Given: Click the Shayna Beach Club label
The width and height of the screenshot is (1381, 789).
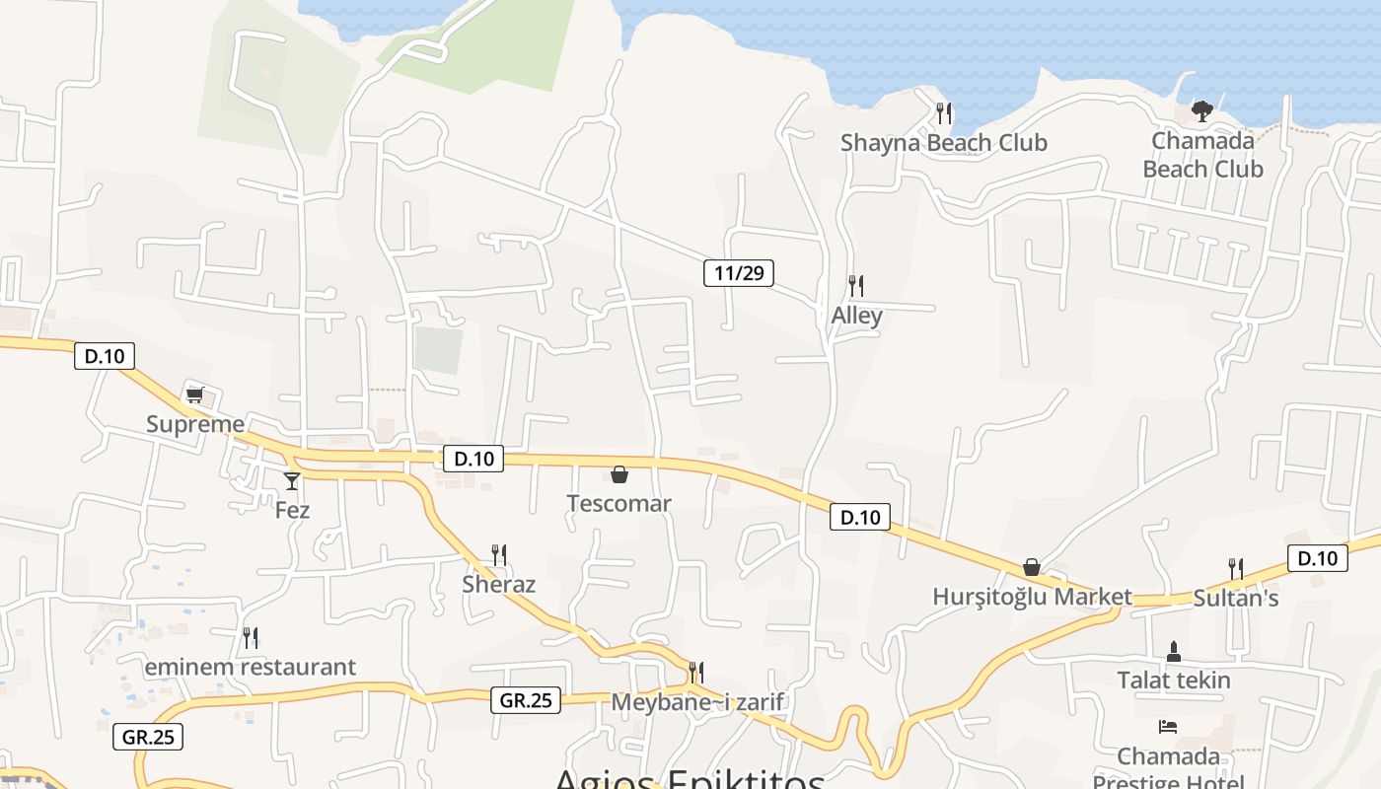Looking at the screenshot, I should tap(943, 143).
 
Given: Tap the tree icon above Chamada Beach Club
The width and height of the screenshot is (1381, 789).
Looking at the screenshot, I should tap(1201, 110).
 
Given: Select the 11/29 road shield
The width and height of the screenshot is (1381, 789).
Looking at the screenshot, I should tap(739, 273).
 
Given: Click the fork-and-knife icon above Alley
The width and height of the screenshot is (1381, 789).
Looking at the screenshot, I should tap(856, 286).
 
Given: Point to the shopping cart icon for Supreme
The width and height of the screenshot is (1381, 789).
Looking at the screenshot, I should tap(194, 395).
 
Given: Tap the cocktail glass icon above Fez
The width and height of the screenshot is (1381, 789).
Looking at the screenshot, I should tap(292, 480).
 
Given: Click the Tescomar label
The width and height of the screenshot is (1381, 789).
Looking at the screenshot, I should tap(618, 504).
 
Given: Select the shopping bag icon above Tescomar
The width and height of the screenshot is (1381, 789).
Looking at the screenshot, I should tap(619, 475).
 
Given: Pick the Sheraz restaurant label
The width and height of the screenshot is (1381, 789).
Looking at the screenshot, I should tap(499, 585).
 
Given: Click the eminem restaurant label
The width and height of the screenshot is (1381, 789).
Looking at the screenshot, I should tap(251, 668).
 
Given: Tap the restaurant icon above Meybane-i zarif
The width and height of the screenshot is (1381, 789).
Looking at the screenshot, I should tap(695, 673).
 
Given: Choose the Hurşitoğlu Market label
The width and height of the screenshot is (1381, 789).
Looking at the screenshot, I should tap(1032, 597).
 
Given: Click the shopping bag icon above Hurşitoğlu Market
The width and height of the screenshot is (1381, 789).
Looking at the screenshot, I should tap(1032, 567).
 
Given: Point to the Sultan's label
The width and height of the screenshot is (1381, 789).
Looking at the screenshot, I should tap(1235, 598).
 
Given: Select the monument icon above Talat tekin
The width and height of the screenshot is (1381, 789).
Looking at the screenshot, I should tap(1174, 651).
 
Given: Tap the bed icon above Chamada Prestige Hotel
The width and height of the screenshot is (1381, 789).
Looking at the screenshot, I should tap(1168, 727).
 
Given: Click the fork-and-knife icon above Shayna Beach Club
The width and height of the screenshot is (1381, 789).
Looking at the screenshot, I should tap(944, 113).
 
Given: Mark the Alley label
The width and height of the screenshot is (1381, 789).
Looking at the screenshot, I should tap(856, 316).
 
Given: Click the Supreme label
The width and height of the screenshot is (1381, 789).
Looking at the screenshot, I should tap(195, 425).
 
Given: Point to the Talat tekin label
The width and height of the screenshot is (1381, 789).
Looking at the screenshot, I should tap(1174, 681).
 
